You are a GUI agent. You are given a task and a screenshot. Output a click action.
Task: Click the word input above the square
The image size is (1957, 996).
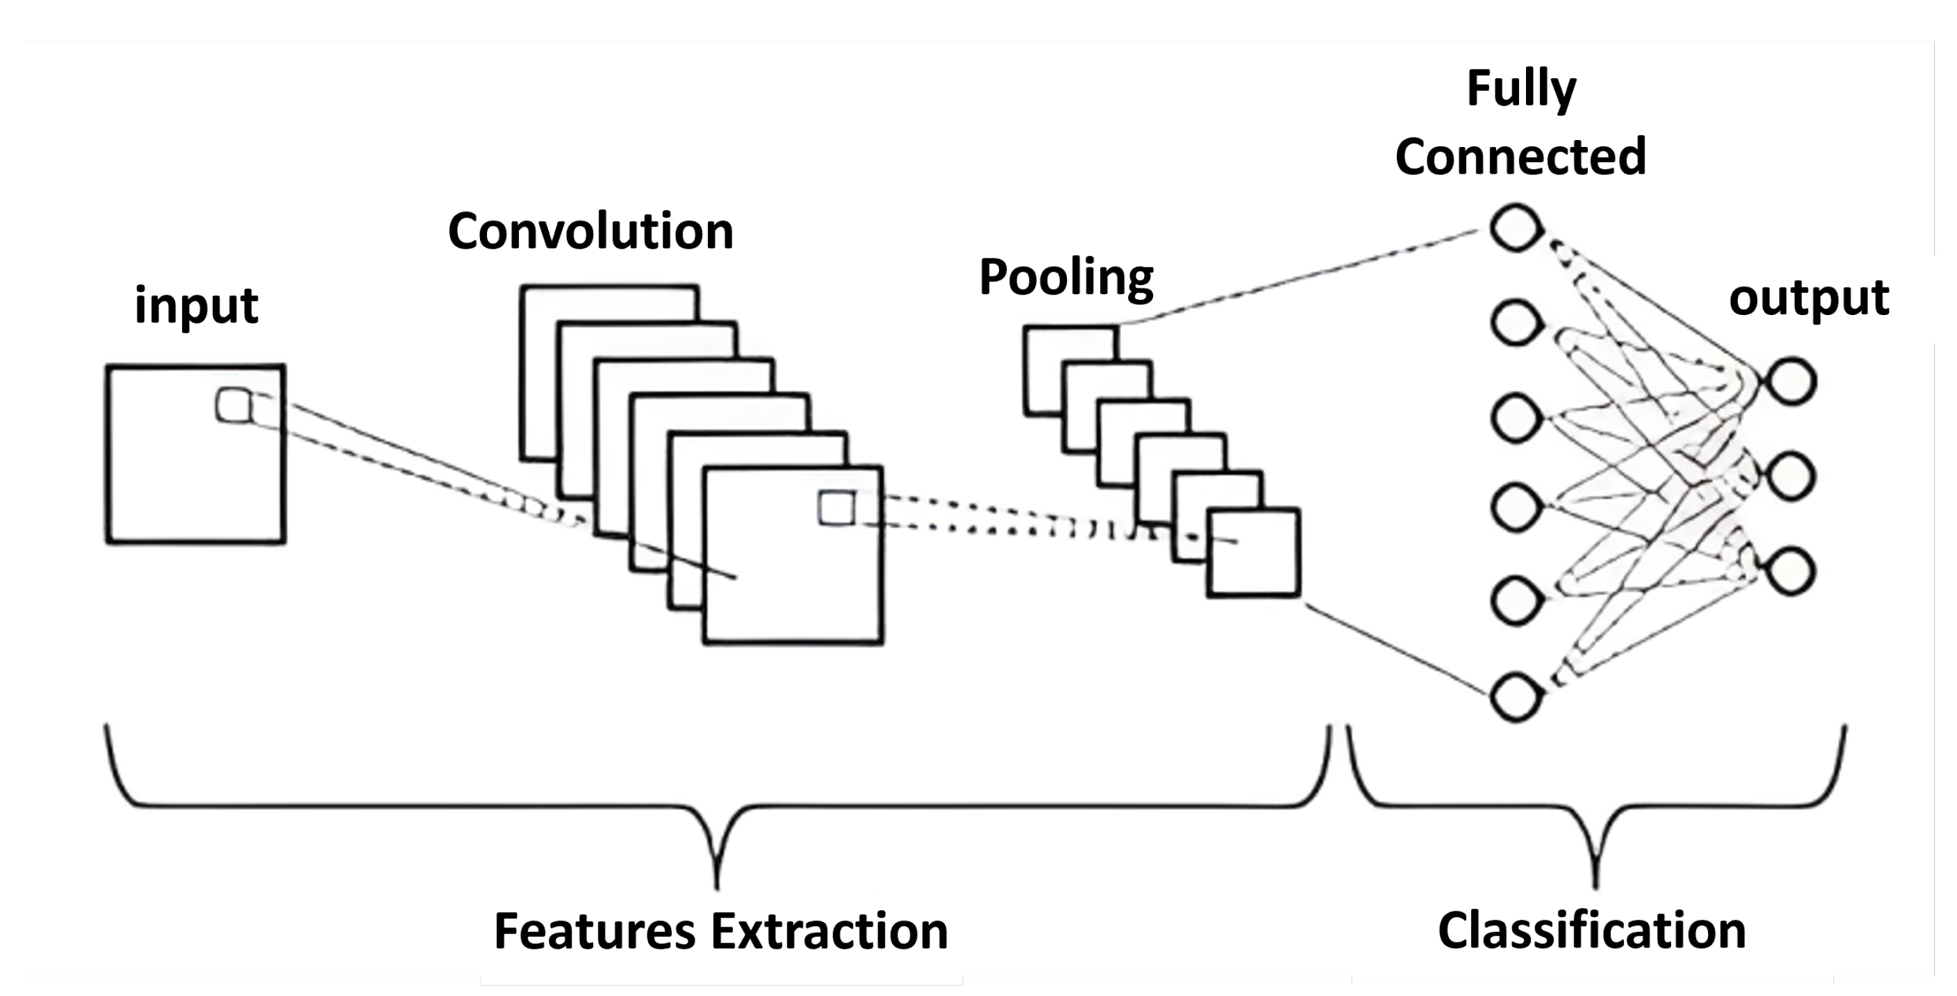196,305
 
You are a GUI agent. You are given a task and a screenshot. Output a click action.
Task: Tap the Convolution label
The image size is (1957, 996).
590,231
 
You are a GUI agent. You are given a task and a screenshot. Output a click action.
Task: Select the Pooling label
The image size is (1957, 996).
1066,277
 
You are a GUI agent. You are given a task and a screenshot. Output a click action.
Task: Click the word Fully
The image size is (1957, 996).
1521,89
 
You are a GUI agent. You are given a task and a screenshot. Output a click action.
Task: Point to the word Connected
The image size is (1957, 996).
1520,157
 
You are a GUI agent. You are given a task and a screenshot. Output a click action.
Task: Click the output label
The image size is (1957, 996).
1808,297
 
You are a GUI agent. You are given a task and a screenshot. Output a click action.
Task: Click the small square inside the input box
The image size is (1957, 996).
234,405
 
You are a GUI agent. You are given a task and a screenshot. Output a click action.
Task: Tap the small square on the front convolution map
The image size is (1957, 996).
837,507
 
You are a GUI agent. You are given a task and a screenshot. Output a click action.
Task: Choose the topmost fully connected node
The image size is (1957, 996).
1516,227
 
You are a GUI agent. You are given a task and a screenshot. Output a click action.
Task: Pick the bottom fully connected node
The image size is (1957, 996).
1516,697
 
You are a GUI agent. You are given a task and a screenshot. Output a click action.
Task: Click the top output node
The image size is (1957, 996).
1791,381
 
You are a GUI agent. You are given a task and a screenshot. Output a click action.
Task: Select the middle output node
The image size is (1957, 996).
1791,475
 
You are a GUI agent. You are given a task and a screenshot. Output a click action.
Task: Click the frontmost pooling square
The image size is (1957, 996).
1254,553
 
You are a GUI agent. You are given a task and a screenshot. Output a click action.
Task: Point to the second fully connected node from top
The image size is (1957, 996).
1516,322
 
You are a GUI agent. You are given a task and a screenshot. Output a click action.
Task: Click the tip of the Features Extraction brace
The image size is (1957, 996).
717,885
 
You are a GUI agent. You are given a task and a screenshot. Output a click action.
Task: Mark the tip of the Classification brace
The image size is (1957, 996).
1595,885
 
